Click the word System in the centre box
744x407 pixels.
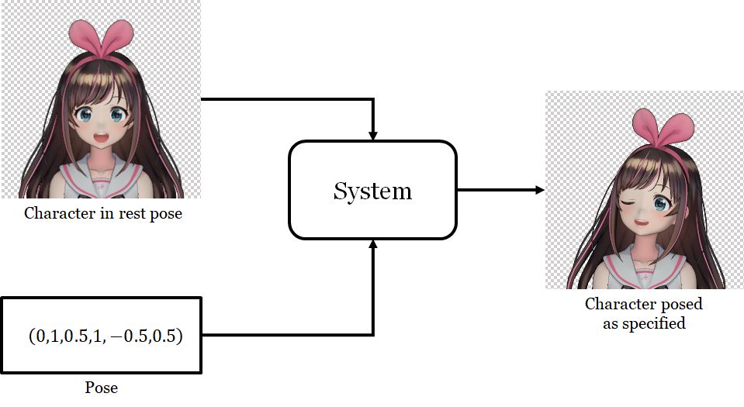tap(372, 191)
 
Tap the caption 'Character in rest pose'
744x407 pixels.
tap(103, 213)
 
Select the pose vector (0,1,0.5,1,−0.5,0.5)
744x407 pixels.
tap(106, 336)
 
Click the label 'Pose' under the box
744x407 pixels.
tap(101, 388)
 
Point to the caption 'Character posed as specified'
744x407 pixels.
tap(644, 313)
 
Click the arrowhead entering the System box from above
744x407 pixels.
tap(373, 135)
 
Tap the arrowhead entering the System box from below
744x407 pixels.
tap(373, 244)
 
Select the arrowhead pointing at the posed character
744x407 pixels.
tap(539, 190)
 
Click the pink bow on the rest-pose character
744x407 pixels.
tap(101, 39)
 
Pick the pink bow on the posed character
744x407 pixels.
tap(663, 126)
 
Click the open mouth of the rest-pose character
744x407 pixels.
tap(101, 138)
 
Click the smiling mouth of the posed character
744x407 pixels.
tap(641, 222)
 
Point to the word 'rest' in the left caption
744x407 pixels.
tap(131, 213)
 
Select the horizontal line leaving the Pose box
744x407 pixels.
tap(287, 336)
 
